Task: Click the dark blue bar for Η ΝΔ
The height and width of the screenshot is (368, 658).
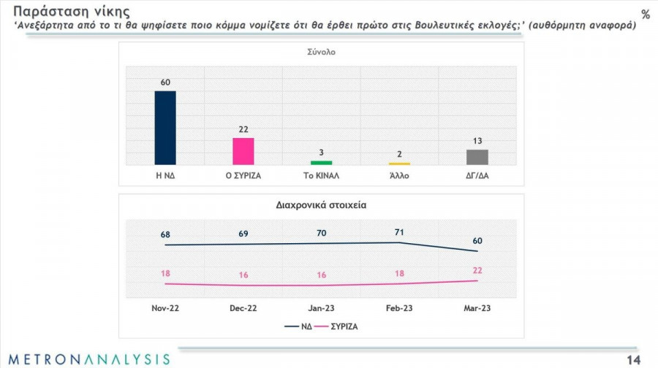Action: pyautogui.click(x=165, y=128)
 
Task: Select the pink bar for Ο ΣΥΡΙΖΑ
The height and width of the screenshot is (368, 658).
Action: pyautogui.click(x=243, y=151)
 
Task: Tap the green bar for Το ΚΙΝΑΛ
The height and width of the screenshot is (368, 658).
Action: pyautogui.click(x=322, y=162)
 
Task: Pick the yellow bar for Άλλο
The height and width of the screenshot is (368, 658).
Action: pyautogui.click(x=399, y=163)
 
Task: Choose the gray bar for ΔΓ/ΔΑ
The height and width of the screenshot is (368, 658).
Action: pyautogui.click(x=477, y=157)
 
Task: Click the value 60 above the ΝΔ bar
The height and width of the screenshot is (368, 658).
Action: pyautogui.click(x=165, y=83)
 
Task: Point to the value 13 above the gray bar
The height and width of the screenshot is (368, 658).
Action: pyautogui.click(x=477, y=141)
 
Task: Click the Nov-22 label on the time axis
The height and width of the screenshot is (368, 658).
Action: pyautogui.click(x=165, y=308)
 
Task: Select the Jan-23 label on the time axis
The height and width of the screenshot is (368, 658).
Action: pyautogui.click(x=322, y=308)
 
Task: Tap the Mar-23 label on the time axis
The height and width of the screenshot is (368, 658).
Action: pyautogui.click(x=477, y=308)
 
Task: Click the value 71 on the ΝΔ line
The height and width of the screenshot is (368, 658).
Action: pyautogui.click(x=399, y=231)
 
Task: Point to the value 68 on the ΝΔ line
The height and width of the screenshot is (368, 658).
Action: pyautogui.click(x=165, y=234)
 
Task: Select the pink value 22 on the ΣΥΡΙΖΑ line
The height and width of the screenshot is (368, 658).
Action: pyautogui.click(x=477, y=271)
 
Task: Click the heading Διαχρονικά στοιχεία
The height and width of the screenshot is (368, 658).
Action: pyautogui.click(x=322, y=205)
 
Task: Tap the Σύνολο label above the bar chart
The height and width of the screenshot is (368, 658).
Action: pyautogui.click(x=322, y=53)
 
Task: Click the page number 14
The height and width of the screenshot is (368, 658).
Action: pyautogui.click(x=633, y=359)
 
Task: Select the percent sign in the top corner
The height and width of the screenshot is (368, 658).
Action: pyautogui.click(x=645, y=15)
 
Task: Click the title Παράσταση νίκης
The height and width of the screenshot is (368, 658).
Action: pyautogui.click(x=62, y=12)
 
